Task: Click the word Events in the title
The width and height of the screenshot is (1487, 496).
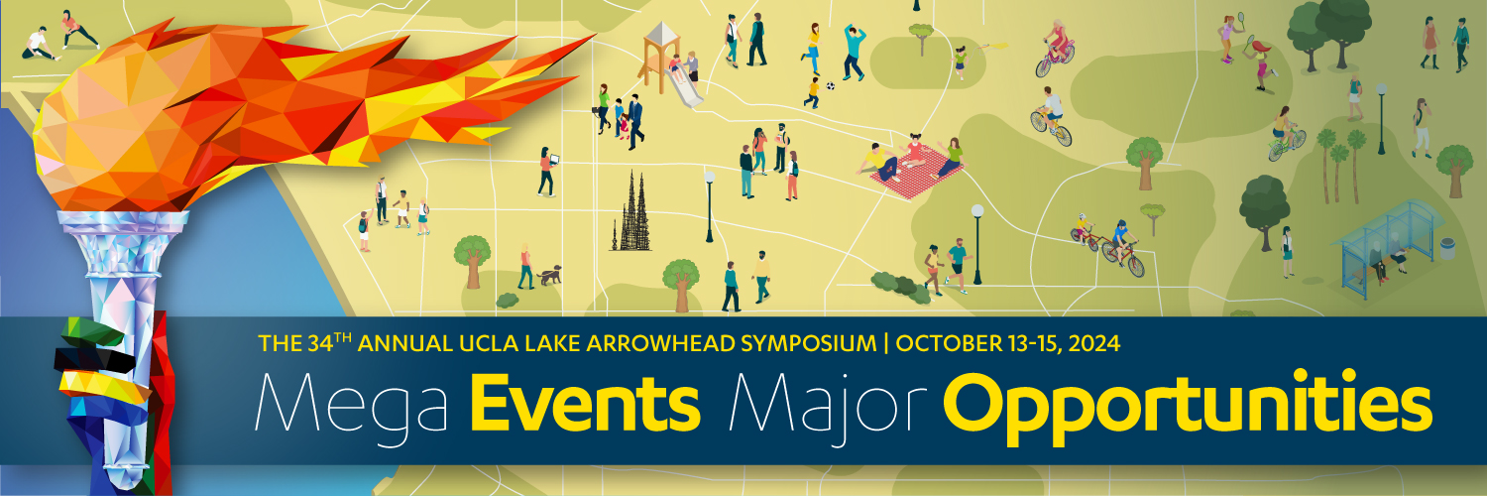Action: click(x=585, y=402)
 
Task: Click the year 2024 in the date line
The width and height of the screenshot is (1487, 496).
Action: click(x=1094, y=343)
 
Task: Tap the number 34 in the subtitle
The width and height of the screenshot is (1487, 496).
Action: click(x=320, y=343)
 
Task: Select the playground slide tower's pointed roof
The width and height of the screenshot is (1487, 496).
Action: click(x=661, y=33)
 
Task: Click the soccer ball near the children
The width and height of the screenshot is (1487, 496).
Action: click(x=831, y=85)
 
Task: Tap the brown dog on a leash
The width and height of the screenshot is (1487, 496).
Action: click(x=549, y=274)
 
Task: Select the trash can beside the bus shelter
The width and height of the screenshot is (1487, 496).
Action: click(x=1447, y=249)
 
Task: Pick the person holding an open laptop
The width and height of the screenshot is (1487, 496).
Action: click(x=547, y=172)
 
